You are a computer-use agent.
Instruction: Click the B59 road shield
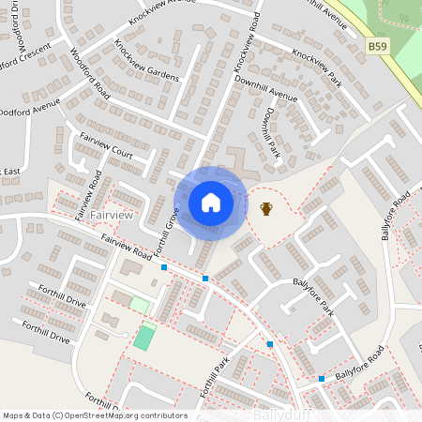point(377,45)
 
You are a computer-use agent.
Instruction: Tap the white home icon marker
point(210,202)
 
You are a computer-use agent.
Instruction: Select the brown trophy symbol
point(266,207)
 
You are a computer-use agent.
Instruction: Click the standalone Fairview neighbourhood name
point(117,216)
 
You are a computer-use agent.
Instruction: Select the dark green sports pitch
point(143,337)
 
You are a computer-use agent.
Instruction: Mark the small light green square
point(139,304)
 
